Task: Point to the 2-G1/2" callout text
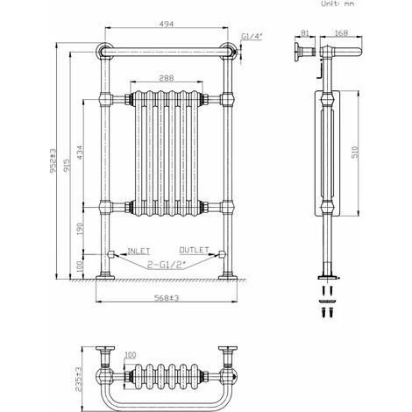167,261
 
